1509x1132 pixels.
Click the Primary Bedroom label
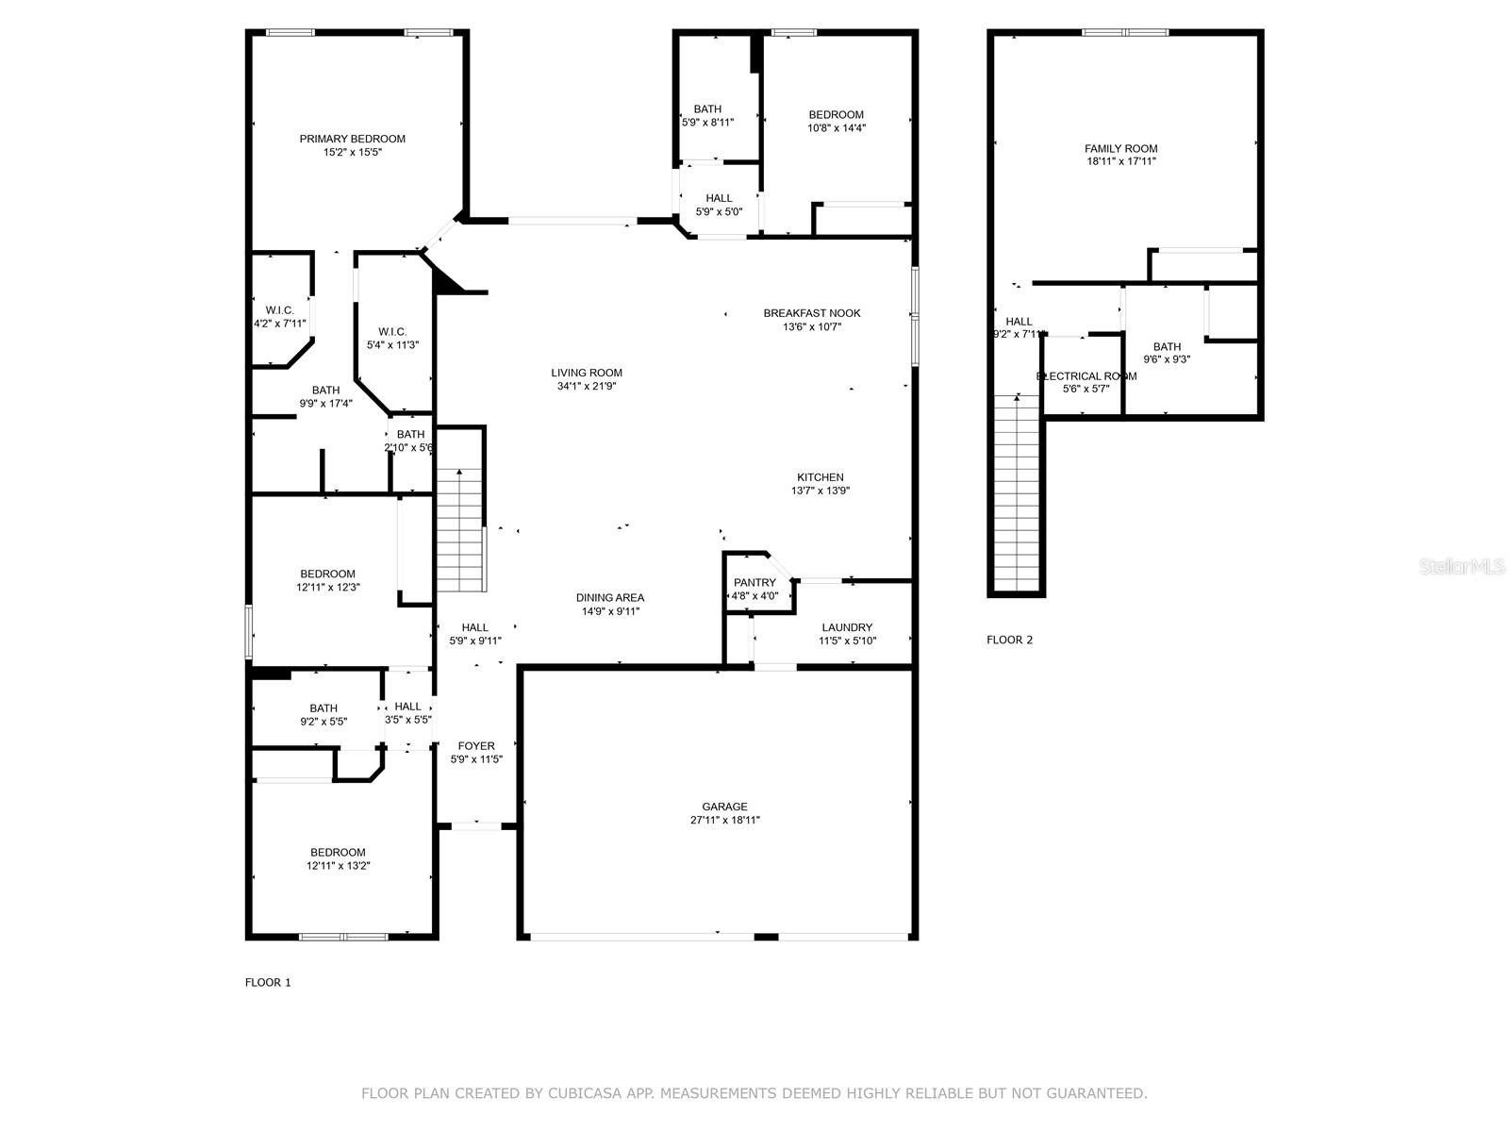tap(352, 139)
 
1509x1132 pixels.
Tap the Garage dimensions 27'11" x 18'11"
tap(724, 820)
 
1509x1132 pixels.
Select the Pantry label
tap(754, 583)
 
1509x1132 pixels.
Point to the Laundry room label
tap(847, 627)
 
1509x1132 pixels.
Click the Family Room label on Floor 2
tap(1120, 148)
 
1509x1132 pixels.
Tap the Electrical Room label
tap(1086, 376)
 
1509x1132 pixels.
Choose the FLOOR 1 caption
tap(268, 983)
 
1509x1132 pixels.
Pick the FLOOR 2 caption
tap(1009, 640)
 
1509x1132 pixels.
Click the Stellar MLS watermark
tap(1462, 566)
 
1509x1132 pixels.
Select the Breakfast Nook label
tap(812, 313)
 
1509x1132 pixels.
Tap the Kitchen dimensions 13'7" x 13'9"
tap(821, 491)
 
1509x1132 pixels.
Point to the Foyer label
tap(475, 746)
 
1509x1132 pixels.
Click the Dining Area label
tap(610, 598)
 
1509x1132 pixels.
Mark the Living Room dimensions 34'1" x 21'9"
tap(587, 386)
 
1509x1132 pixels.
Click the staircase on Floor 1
tap(460, 529)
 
